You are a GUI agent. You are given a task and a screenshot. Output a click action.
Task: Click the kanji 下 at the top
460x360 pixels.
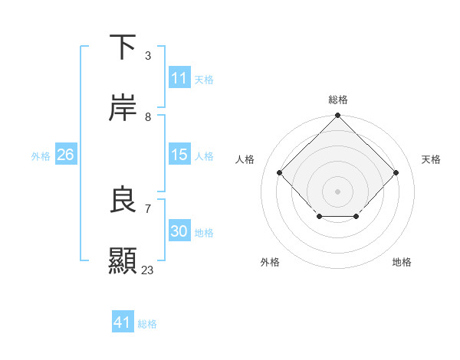(x=123, y=47)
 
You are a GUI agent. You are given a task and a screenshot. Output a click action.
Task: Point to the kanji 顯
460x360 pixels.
(x=123, y=260)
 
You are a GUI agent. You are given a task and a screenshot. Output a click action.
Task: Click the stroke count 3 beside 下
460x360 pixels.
(x=147, y=56)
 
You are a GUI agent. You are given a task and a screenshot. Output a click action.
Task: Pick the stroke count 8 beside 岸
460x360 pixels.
(x=147, y=116)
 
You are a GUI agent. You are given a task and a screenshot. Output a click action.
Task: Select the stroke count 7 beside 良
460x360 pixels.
(x=147, y=208)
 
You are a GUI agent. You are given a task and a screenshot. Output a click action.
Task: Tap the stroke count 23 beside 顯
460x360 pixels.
(x=148, y=270)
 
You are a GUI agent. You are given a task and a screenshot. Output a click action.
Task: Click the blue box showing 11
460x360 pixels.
(x=179, y=78)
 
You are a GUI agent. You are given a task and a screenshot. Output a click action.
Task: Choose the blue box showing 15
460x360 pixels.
(x=179, y=155)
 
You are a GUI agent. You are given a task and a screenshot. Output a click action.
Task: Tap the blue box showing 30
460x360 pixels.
(x=179, y=231)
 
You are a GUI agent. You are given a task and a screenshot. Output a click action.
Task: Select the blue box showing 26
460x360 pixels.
(x=66, y=155)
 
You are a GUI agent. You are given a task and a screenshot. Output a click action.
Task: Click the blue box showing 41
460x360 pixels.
(x=123, y=322)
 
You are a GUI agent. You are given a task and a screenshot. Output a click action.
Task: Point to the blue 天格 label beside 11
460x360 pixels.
(x=204, y=80)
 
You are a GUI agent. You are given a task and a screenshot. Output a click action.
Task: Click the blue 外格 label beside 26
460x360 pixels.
(x=41, y=156)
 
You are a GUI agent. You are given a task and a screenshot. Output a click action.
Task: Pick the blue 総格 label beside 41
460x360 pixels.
(x=147, y=324)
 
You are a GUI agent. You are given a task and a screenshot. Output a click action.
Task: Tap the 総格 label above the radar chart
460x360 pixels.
(x=338, y=100)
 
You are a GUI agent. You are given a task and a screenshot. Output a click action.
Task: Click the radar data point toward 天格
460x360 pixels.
(x=396, y=172)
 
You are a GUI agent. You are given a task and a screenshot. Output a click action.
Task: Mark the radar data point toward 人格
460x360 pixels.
(x=280, y=172)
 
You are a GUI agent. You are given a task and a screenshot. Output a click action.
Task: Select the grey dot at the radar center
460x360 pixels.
(x=337, y=191)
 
